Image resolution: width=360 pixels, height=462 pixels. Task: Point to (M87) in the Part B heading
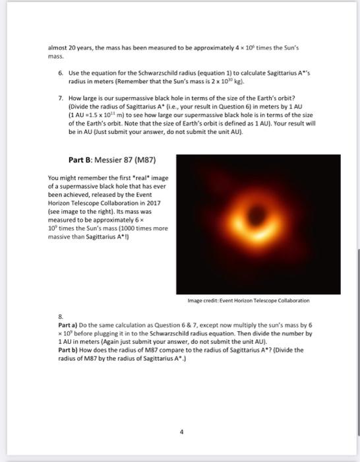[x=145, y=159]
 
